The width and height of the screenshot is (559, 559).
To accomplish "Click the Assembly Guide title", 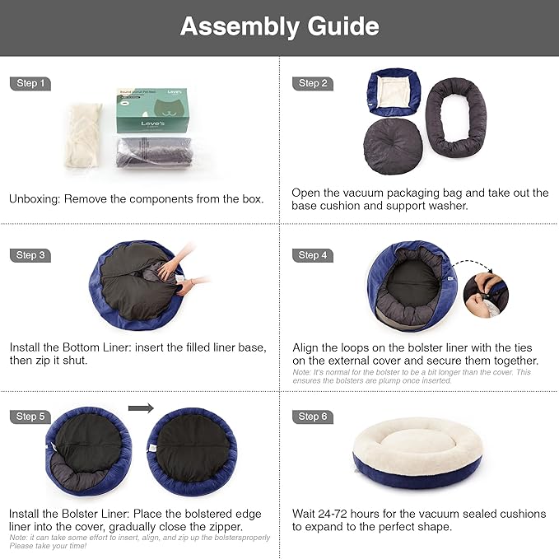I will (279, 26).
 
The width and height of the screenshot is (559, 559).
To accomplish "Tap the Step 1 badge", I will (31, 83).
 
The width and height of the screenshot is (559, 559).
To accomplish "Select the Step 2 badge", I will (313, 83).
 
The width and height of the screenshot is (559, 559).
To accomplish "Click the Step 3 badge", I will (31, 255).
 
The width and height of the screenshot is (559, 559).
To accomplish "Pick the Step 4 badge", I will (313, 255).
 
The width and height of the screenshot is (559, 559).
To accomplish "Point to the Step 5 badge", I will (31, 417).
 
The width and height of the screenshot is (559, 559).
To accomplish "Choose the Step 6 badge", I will (313, 417).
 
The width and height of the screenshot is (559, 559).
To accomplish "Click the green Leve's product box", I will (151, 111).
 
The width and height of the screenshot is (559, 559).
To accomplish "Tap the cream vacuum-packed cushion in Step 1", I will (83, 136).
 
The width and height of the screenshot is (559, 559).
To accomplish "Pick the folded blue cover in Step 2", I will (393, 90).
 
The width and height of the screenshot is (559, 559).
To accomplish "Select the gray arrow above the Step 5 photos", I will (142, 408).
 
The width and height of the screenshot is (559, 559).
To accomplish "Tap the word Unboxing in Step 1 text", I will (35, 198).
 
